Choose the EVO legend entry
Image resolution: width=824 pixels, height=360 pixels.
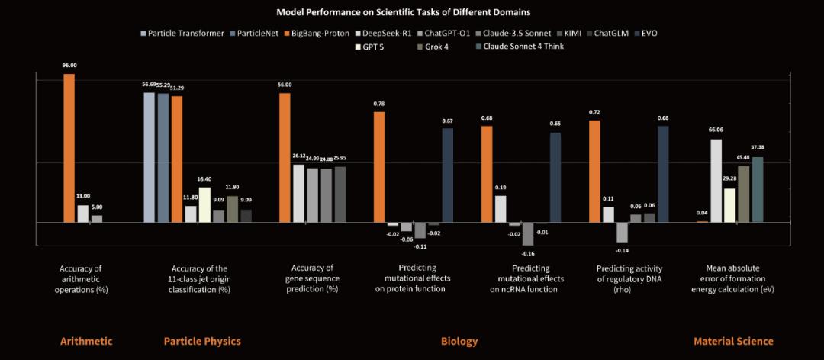click(645, 34)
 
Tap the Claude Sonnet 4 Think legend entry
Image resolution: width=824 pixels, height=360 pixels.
click(522, 47)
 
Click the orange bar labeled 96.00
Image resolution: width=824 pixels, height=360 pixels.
click(69, 148)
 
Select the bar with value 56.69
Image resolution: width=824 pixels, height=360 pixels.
click(150, 157)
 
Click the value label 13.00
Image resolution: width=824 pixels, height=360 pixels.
click(82, 196)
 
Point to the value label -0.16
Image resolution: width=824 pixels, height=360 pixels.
click(528, 252)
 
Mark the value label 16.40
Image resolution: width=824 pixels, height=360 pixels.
click(204, 178)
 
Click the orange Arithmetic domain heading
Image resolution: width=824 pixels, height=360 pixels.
click(86, 341)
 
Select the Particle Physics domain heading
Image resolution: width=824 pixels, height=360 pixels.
click(202, 341)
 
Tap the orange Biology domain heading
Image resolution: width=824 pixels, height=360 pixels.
click(459, 341)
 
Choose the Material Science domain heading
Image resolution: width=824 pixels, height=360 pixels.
click(733, 341)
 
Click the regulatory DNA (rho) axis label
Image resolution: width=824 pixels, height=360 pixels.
click(629, 278)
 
